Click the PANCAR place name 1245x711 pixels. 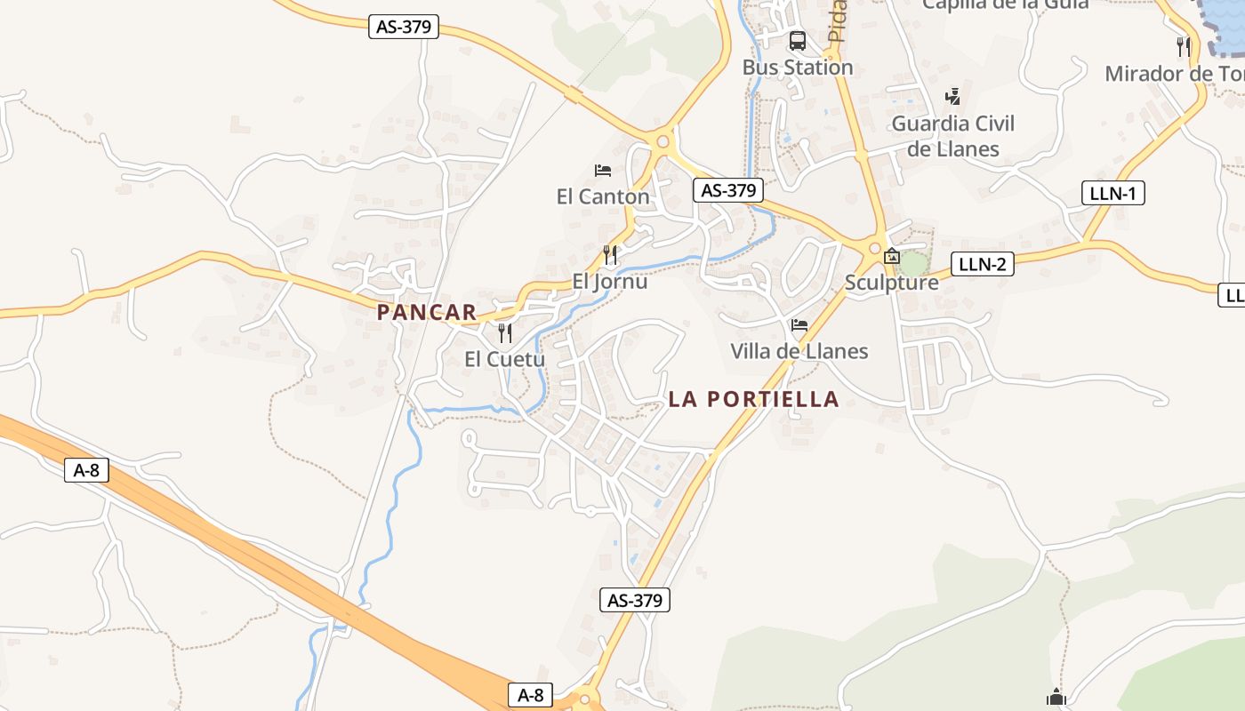(x=427, y=313)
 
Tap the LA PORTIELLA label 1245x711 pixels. (x=753, y=399)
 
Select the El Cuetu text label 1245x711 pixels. (x=504, y=359)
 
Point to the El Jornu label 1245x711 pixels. (x=609, y=282)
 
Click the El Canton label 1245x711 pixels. (x=603, y=196)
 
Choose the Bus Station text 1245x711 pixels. (x=798, y=68)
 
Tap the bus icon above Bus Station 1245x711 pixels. (x=798, y=41)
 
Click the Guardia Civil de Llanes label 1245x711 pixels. (x=953, y=136)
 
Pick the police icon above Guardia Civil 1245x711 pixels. (x=953, y=96)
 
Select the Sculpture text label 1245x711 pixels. (x=891, y=283)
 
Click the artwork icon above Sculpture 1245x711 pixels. (x=892, y=257)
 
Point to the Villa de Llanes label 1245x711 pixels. (x=799, y=351)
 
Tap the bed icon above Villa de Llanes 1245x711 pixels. (x=799, y=325)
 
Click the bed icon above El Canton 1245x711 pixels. (x=603, y=170)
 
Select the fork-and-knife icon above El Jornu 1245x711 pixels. (x=610, y=255)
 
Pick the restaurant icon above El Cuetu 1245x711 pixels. (x=505, y=333)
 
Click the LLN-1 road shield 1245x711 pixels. (x=1112, y=193)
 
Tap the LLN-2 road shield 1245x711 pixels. (x=982, y=264)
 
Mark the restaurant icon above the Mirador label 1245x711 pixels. (x=1183, y=46)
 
